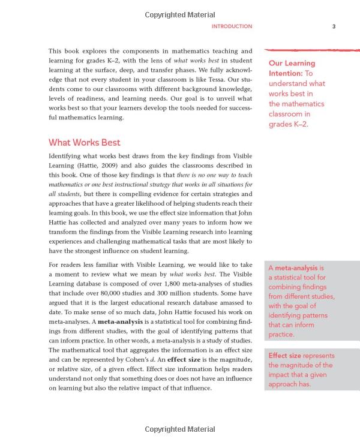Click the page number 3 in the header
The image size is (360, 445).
(x=334, y=26)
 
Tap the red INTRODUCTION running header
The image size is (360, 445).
(x=232, y=26)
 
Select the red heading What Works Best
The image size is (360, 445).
(x=84, y=143)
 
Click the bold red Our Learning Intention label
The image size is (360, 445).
(x=292, y=68)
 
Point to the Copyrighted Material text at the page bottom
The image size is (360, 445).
(x=179, y=429)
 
